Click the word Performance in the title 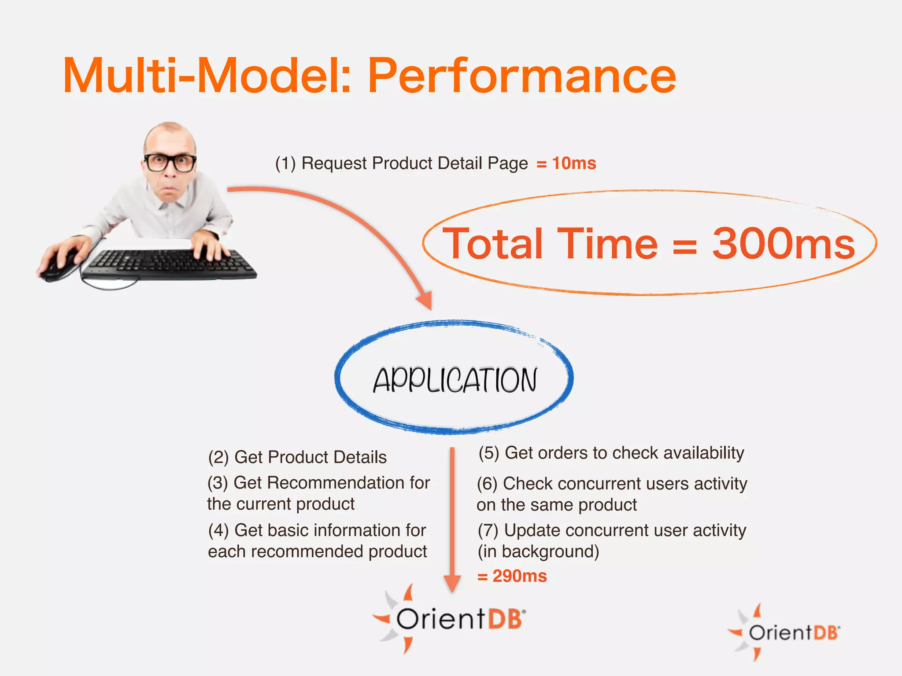click(x=522, y=77)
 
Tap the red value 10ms click(x=574, y=163)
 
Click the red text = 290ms click(x=512, y=576)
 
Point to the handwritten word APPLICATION click(x=455, y=380)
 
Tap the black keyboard click(x=170, y=264)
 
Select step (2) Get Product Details click(x=297, y=457)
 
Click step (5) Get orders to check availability click(x=611, y=453)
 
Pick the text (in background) click(x=538, y=551)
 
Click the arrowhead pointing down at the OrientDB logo click(x=452, y=584)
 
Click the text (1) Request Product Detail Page click(x=401, y=163)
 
